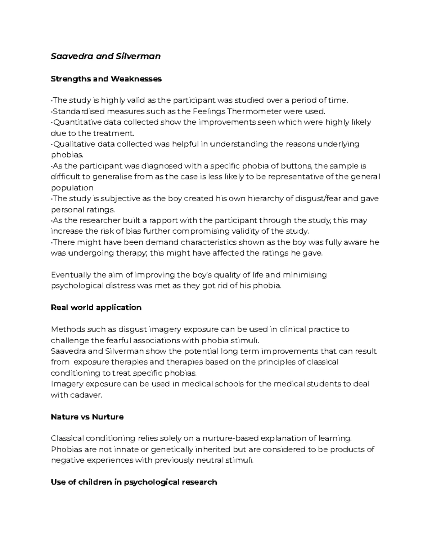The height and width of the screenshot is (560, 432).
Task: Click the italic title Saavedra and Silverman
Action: tap(105, 56)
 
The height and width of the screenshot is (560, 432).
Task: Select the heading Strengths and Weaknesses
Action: tap(106, 79)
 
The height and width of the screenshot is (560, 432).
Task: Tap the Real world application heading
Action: tap(96, 307)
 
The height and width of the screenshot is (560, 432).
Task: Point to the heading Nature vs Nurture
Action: tap(87, 417)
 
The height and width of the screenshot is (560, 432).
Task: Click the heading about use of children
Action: tap(134, 482)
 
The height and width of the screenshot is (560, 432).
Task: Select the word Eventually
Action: tap(71, 275)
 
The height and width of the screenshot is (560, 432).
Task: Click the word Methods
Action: tap(66, 330)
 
